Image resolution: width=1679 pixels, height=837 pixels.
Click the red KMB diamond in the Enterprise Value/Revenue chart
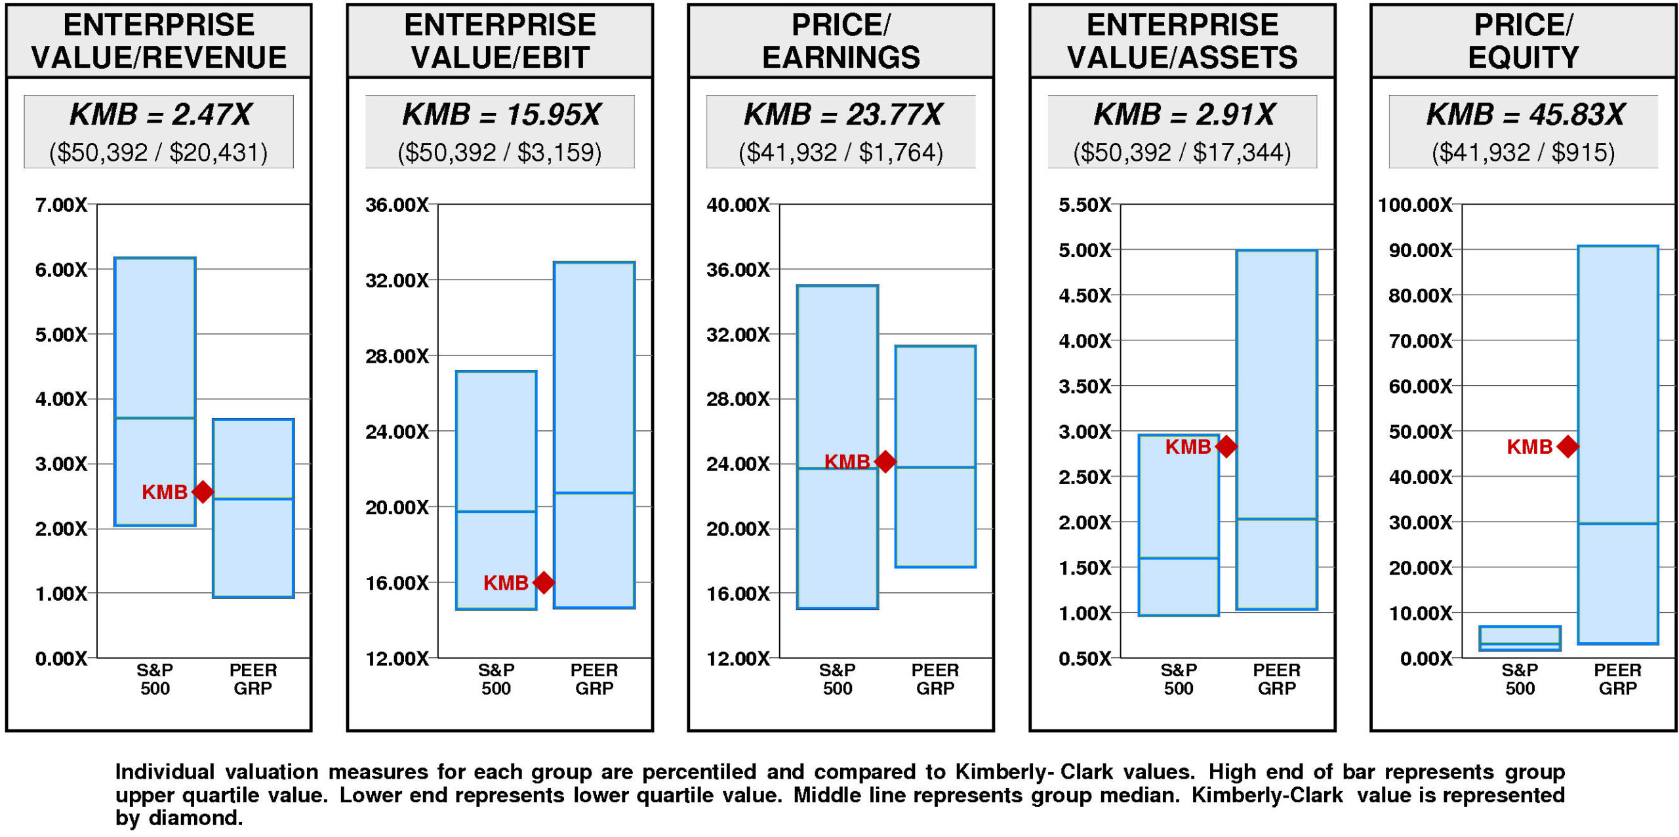(203, 491)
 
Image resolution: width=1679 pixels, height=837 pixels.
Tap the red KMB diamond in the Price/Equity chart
(1568, 447)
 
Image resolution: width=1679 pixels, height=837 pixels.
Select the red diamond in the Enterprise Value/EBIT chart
(544, 582)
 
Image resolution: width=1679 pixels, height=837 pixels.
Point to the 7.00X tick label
(61, 205)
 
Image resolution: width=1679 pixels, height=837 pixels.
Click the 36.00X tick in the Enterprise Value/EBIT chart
(397, 205)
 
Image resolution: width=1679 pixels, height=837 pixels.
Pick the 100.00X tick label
(1415, 205)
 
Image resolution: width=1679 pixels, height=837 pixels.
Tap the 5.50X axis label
(1085, 205)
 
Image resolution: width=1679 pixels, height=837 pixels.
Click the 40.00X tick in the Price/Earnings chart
(738, 205)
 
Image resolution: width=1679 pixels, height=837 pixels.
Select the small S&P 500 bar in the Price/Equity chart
(1520, 638)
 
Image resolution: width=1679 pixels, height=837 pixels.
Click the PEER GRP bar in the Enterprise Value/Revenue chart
(253, 508)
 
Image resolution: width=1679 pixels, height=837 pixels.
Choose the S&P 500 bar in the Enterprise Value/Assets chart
(1179, 525)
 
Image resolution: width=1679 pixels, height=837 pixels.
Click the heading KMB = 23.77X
(842, 115)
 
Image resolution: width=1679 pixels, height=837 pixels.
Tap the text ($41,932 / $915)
(1523, 153)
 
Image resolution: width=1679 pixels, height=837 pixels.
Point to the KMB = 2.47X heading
(160, 115)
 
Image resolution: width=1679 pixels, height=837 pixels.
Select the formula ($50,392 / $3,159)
(500, 153)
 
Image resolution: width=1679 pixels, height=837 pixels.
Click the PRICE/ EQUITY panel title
(1523, 41)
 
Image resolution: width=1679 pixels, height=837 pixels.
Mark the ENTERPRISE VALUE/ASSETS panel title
(1182, 41)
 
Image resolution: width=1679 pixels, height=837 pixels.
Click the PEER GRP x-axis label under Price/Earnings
(935, 679)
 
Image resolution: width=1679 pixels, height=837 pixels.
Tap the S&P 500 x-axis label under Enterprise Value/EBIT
(496, 679)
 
